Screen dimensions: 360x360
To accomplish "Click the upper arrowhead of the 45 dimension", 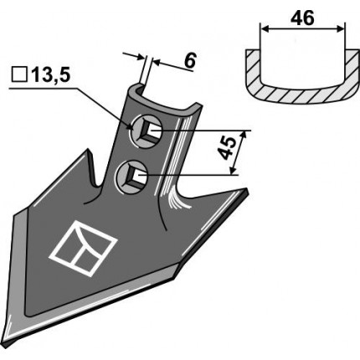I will coord(244,133).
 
